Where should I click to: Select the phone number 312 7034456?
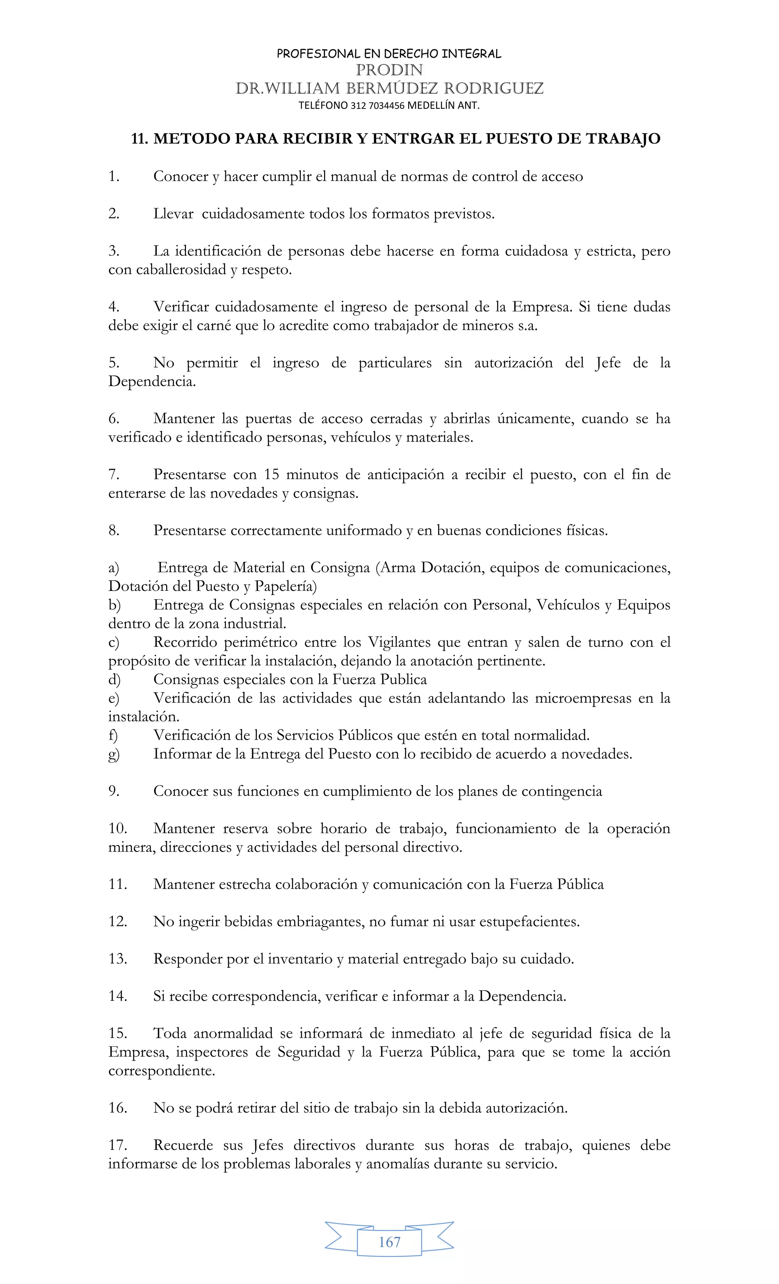click(x=378, y=106)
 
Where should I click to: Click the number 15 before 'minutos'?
click(x=271, y=475)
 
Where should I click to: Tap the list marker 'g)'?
click(x=113, y=754)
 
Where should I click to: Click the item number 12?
click(x=118, y=921)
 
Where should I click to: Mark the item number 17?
click(x=118, y=1145)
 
